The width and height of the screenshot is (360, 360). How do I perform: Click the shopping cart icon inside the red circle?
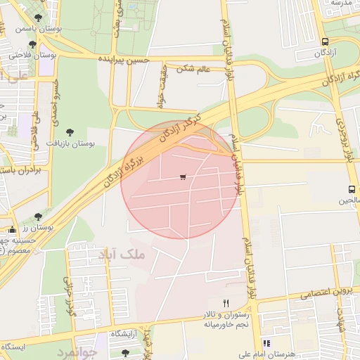(183, 177)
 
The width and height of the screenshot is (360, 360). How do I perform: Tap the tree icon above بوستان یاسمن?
(37, 18)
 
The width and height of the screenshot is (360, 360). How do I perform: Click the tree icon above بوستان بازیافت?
(70, 131)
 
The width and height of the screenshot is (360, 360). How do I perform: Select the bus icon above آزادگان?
(324, 41)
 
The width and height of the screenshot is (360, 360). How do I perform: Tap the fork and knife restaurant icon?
(226, 303)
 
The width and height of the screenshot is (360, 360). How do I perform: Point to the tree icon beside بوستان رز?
(37, 217)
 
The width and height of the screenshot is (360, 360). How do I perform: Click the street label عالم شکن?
(194, 68)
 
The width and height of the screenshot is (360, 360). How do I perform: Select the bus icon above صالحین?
(352, 189)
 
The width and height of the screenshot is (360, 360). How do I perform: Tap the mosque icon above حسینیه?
(12, 230)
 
